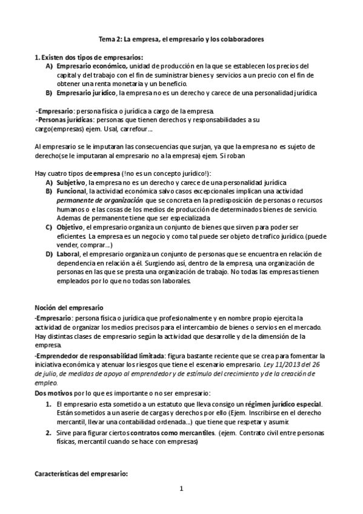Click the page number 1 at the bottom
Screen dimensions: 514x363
pyautogui.click(x=181, y=488)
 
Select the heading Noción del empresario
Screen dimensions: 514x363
pyautogui.click(x=69, y=308)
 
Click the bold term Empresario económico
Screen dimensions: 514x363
pyautogui.click(x=92, y=65)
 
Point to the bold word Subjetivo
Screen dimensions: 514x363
pyautogui.click(x=71, y=182)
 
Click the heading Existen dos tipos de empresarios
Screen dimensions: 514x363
pyautogui.click(x=92, y=57)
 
